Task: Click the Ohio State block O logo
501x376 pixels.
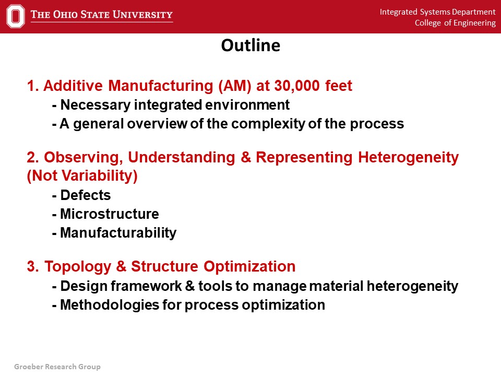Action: (15, 16)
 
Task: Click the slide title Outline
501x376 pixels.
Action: (250, 45)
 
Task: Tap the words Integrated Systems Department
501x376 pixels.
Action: (437, 12)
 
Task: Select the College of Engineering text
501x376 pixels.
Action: (455, 23)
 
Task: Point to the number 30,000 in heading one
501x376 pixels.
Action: (297, 86)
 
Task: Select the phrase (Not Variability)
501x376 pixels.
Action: (82, 176)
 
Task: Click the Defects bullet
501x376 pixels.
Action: (81, 195)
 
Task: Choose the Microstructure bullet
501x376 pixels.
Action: (105, 214)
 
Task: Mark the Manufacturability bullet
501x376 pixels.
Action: (114, 233)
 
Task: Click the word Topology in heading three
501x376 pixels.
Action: (78, 267)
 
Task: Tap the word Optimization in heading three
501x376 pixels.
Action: (249, 266)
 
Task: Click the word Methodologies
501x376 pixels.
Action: (110, 305)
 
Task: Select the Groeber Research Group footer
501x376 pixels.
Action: (57, 367)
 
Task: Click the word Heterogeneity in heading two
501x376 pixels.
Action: (408, 158)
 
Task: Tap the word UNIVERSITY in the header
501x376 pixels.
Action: (142, 15)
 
